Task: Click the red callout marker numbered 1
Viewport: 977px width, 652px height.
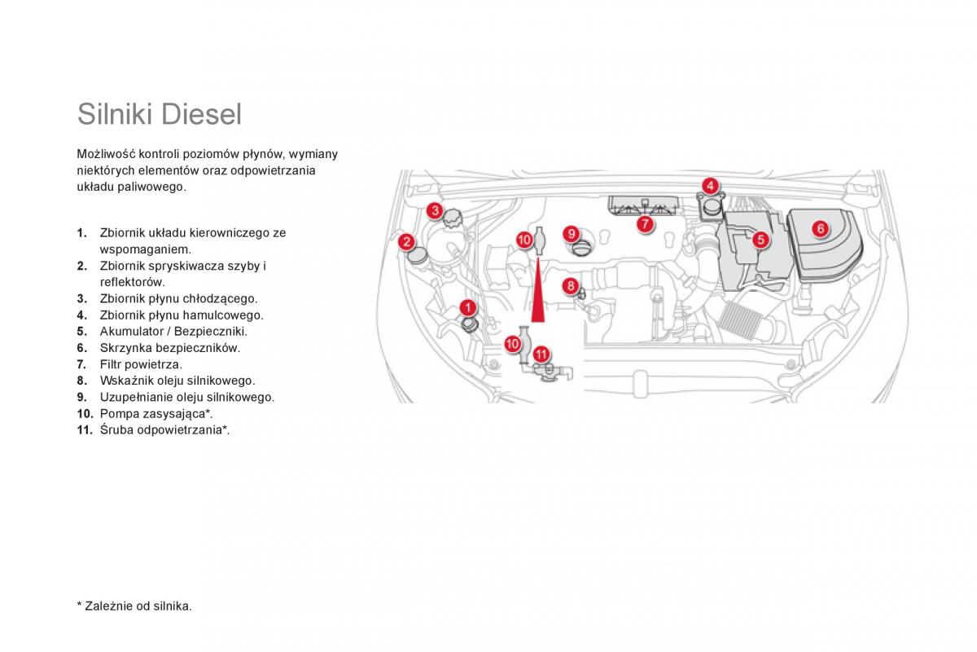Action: tap(468, 307)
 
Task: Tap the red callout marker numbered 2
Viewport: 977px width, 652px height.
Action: tap(406, 240)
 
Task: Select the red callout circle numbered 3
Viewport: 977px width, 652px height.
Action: tap(436, 212)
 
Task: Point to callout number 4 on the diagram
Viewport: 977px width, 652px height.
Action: tap(710, 185)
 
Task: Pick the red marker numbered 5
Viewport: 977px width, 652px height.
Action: tap(760, 240)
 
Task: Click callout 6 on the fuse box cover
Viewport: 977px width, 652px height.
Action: tap(820, 228)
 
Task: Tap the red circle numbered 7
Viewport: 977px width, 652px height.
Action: tap(644, 222)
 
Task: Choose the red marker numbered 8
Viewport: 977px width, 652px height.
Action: tap(571, 286)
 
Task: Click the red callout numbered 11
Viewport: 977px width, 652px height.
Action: tap(541, 355)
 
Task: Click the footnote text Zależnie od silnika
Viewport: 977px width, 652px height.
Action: tap(138, 606)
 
